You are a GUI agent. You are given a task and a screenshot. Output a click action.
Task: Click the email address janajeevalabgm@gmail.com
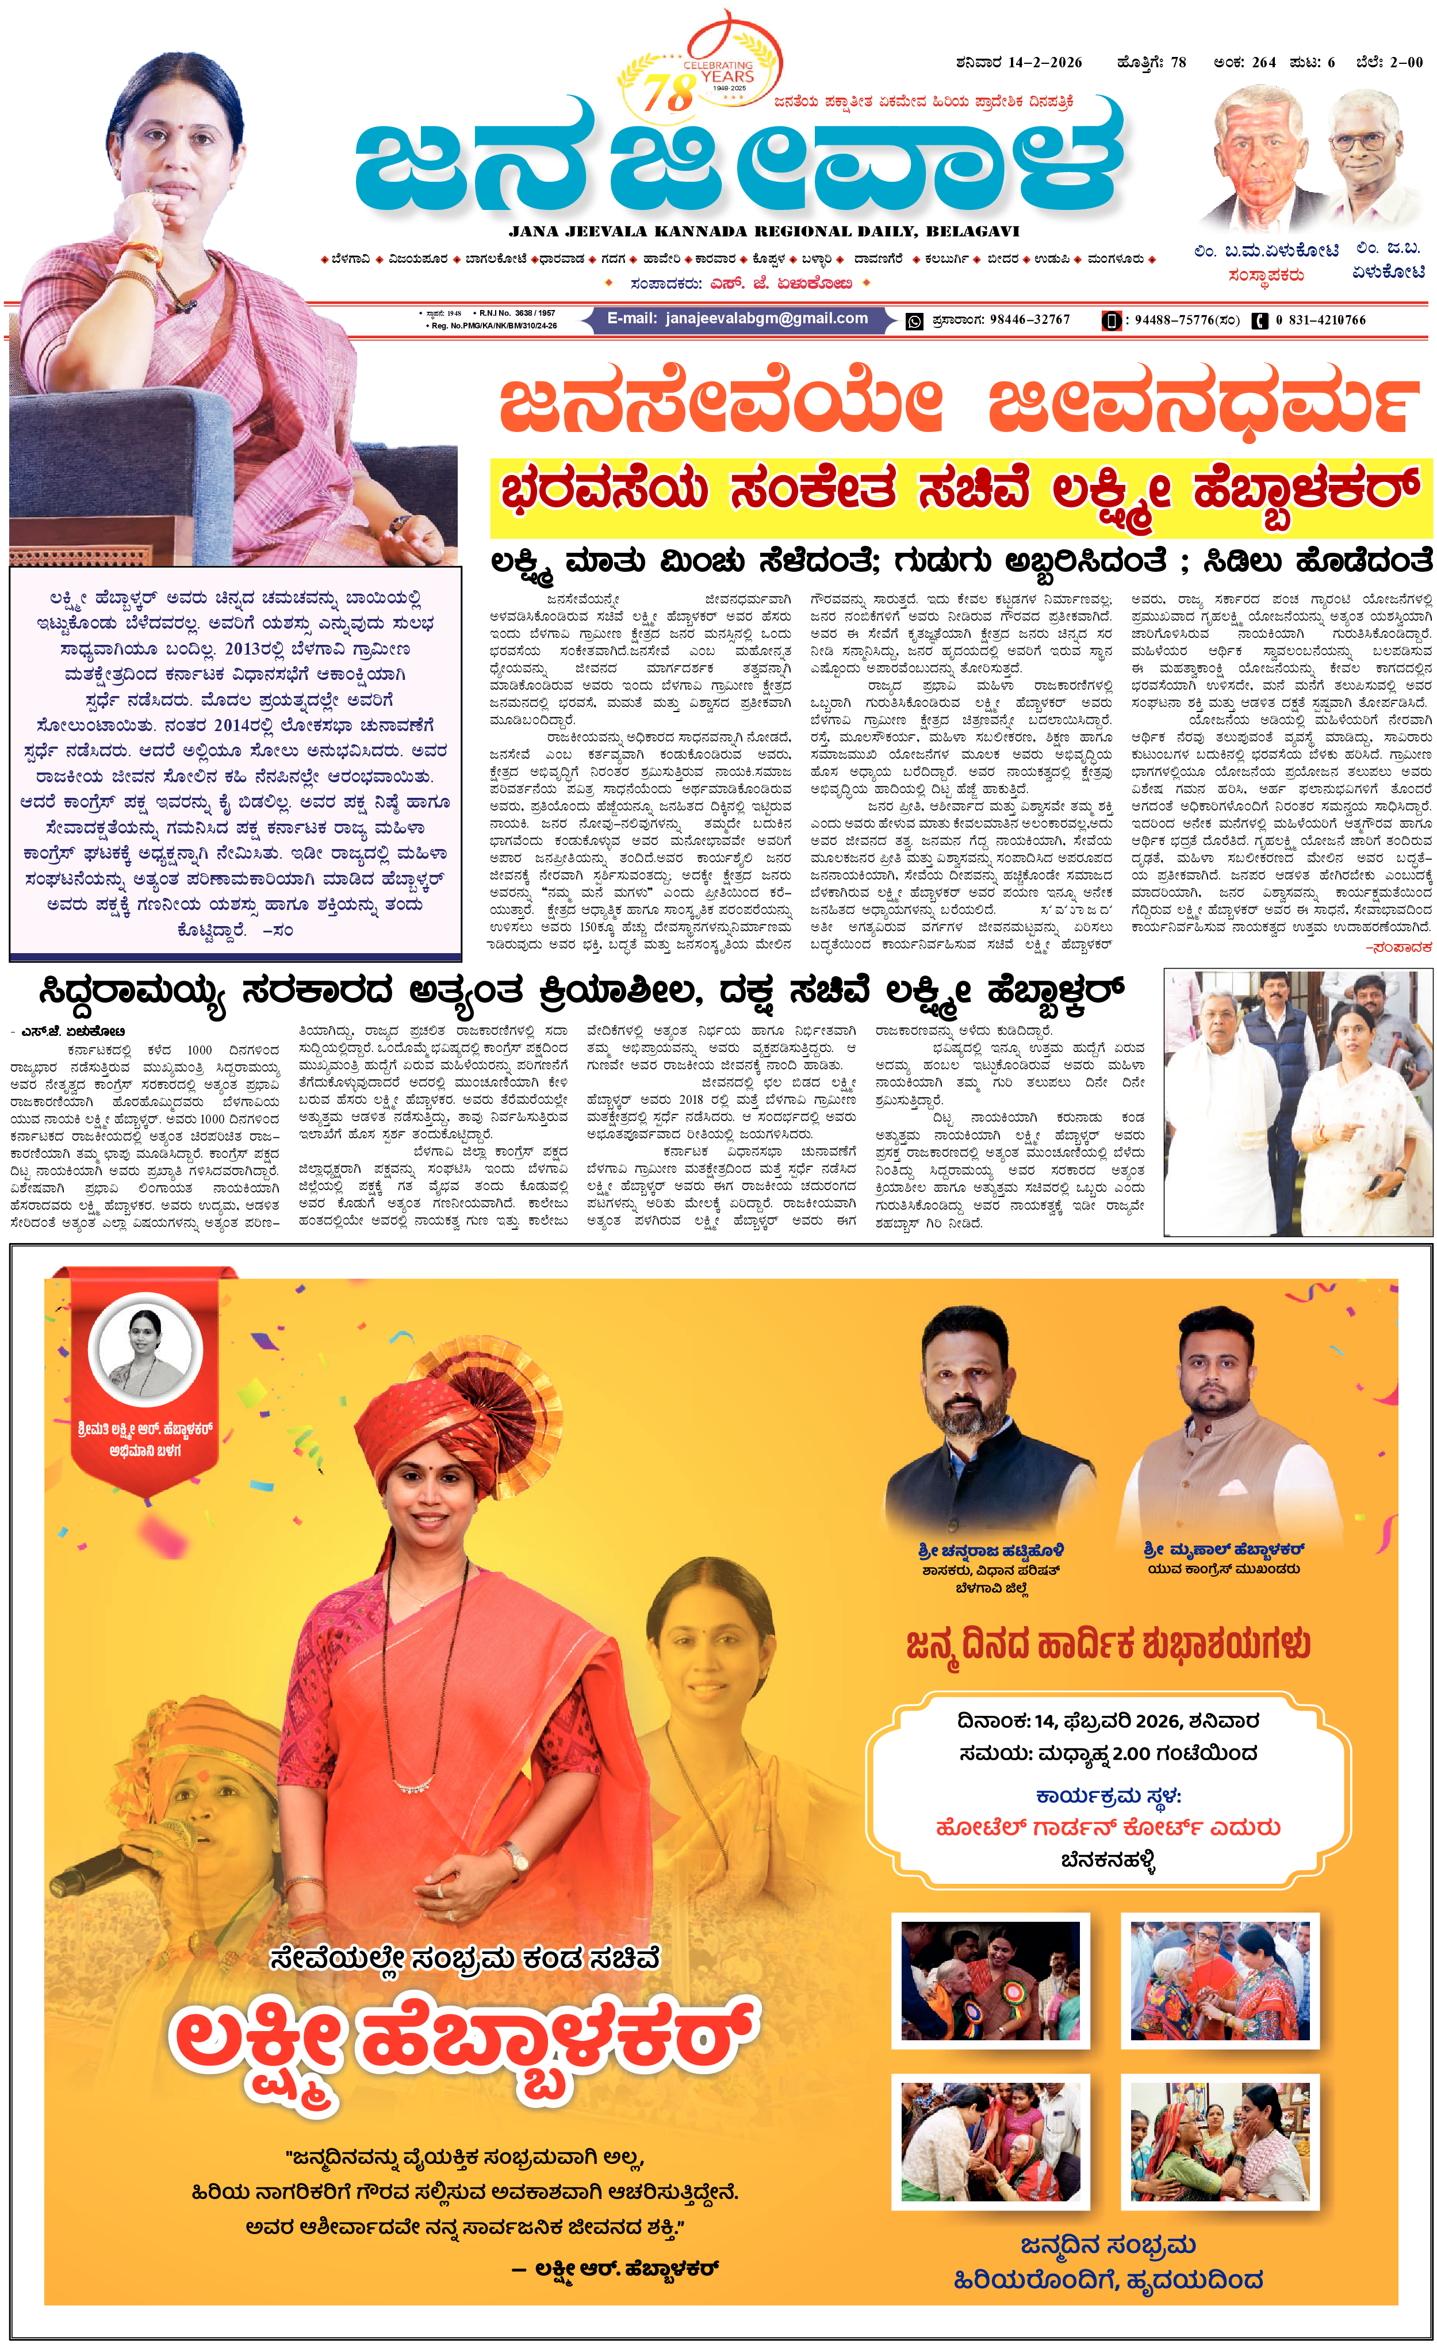click(x=767, y=319)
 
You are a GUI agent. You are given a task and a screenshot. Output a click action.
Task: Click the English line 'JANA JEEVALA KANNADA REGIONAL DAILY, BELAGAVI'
click(x=764, y=231)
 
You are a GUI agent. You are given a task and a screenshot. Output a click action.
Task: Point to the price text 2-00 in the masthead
click(x=1405, y=63)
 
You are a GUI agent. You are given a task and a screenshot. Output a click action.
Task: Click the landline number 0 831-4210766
click(x=1320, y=320)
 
